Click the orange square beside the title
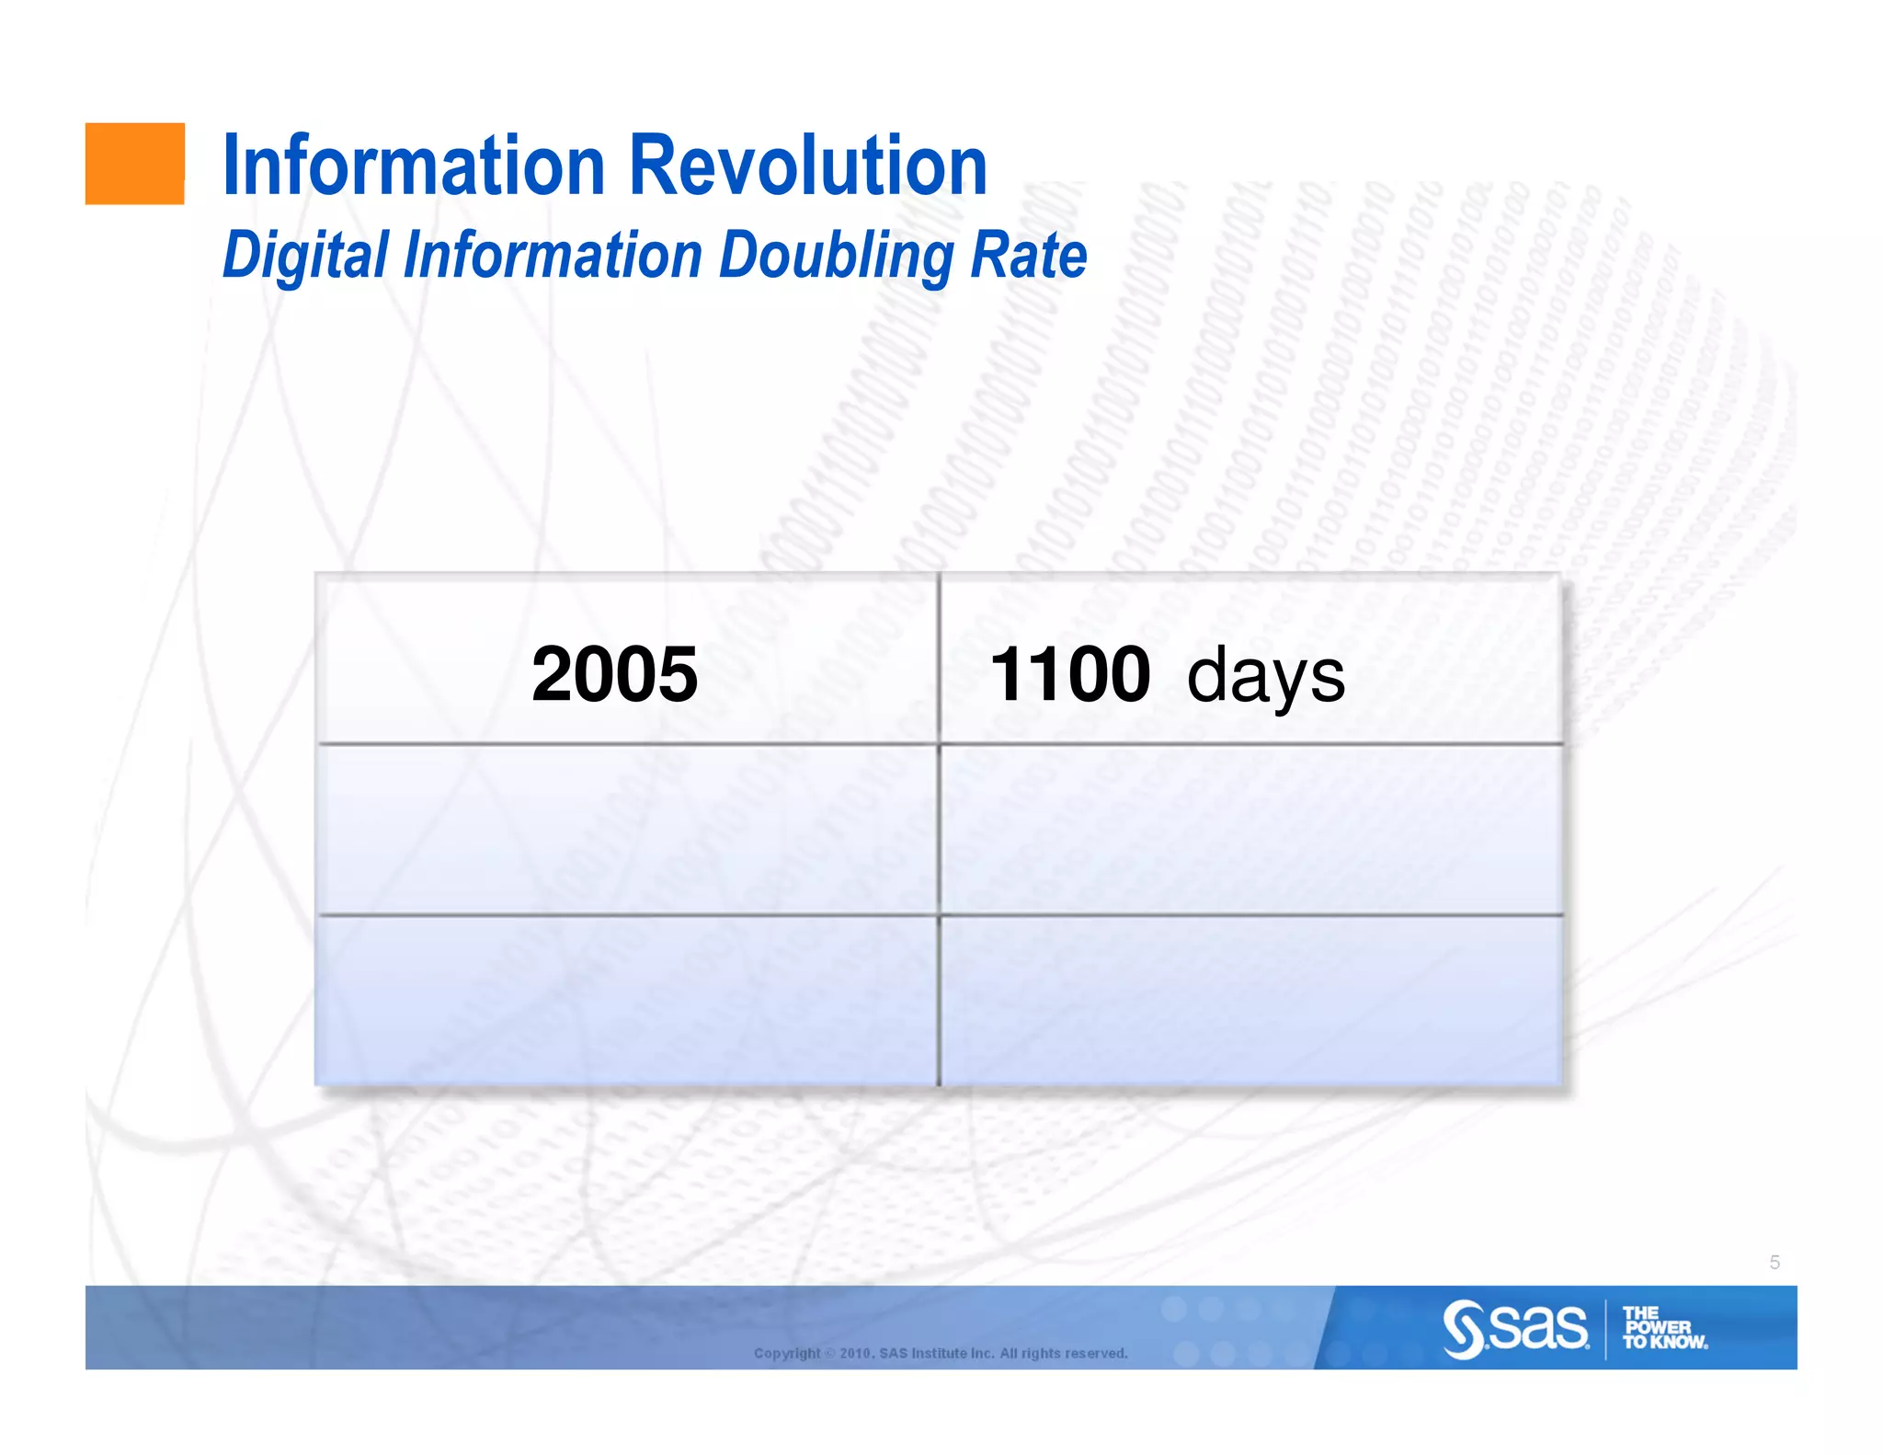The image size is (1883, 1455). point(134,164)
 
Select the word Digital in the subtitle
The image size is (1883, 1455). point(305,256)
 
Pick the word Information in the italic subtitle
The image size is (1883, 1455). point(553,255)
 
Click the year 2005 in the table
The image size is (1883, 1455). point(614,674)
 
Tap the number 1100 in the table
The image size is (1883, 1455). point(1069,674)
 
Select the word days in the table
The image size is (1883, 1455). point(1265,677)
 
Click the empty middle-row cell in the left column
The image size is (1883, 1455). point(627,830)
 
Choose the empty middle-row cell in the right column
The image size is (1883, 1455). point(1250,830)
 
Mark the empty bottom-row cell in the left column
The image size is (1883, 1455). point(627,1001)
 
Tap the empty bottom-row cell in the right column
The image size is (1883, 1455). point(1250,1001)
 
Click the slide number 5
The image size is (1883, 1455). point(1775,1263)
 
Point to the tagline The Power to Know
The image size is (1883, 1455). point(1663,1328)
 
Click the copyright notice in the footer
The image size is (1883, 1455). point(940,1353)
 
